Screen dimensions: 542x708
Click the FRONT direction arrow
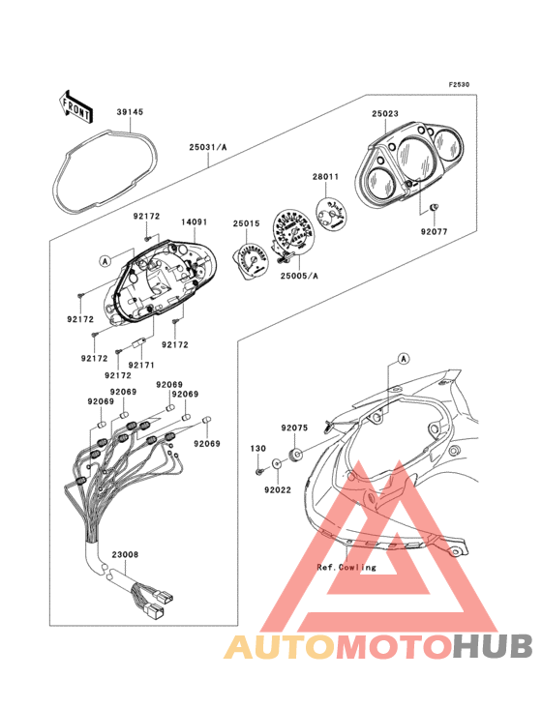pyautogui.click(x=75, y=106)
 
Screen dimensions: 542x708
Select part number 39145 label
pyautogui.click(x=130, y=112)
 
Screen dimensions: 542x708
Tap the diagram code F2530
pyautogui.click(x=459, y=84)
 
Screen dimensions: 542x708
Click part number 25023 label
pyautogui.click(x=385, y=114)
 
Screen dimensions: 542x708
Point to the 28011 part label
pyautogui.click(x=325, y=177)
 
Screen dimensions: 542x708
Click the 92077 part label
pyautogui.click(x=434, y=231)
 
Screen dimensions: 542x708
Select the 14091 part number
pyautogui.click(x=195, y=222)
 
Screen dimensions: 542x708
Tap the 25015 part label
pyautogui.click(x=246, y=223)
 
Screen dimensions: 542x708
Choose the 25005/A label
pyautogui.click(x=299, y=276)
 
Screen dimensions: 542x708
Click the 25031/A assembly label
pyautogui.click(x=208, y=147)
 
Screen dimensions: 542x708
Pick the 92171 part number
pyautogui.click(x=141, y=365)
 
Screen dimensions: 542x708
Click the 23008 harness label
pyautogui.click(x=125, y=554)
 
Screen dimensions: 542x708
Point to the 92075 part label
pyautogui.click(x=294, y=428)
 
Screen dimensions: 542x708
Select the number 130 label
pyautogui.click(x=257, y=449)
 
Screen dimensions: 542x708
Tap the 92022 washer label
pyautogui.click(x=278, y=490)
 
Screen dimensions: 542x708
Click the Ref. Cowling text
pyautogui.click(x=346, y=567)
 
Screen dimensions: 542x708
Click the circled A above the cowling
pyautogui.click(x=404, y=359)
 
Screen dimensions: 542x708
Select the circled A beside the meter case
pyautogui.click(x=105, y=260)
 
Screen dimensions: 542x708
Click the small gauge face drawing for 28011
pyautogui.click(x=333, y=214)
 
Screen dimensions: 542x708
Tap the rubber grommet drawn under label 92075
pyautogui.click(x=295, y=454)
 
